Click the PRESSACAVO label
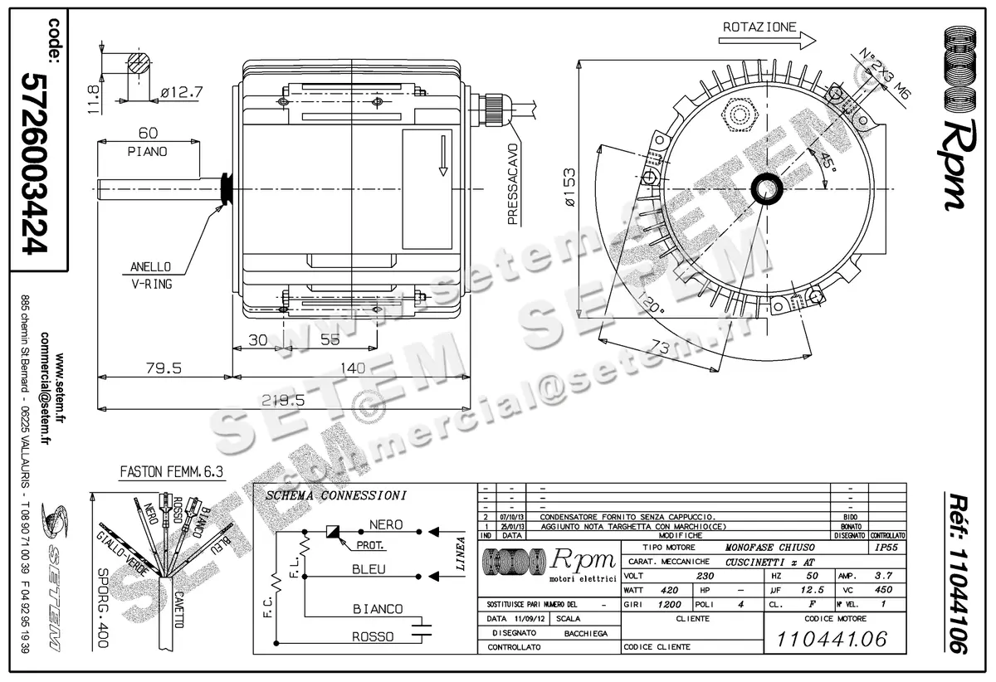click(x=513, y=190)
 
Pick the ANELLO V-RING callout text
click(x=150, y=275)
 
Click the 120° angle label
click(x=652, y=306)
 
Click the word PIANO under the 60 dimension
click(x=148, y=152)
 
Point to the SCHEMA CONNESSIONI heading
click(x=336, y=496)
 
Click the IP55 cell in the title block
click(x=886, y=548)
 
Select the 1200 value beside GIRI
click(x=669, y=605)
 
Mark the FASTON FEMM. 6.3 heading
click(x=173, y=474)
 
